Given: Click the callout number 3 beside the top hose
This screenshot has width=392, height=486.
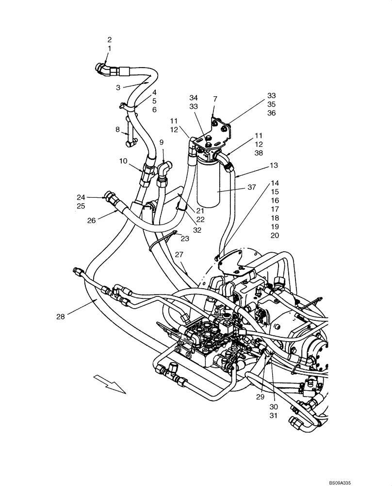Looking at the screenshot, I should click(118, 87).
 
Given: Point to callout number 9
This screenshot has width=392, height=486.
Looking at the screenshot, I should click(162, 143).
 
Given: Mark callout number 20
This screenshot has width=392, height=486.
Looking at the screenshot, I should click(275, 236).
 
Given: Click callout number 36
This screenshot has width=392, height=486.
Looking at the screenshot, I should click(271, 113).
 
